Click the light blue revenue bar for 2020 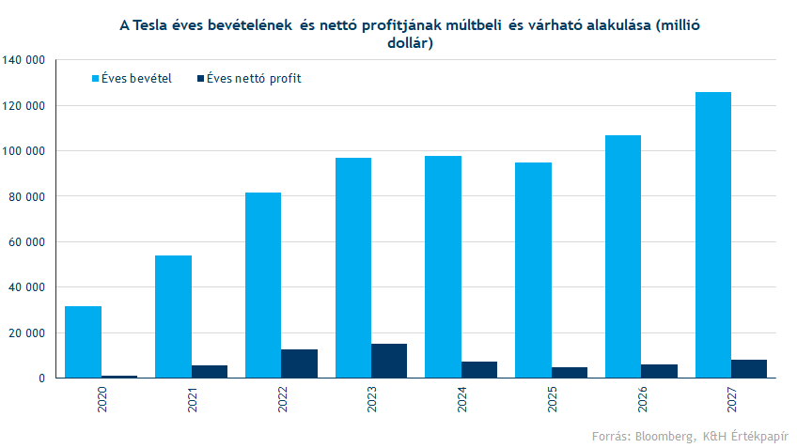click(83, 342)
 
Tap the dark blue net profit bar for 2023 click(389, 361)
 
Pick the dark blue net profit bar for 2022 click(299, 363)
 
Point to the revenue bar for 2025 click(533, 270)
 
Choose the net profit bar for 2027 click(749, 368)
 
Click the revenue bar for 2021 click(173, 317)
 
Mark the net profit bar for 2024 click(479, 369)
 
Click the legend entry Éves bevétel click(135, 78)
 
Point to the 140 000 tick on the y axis click(25, 60)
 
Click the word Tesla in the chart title click(151, 26)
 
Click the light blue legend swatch click(95, 78)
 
